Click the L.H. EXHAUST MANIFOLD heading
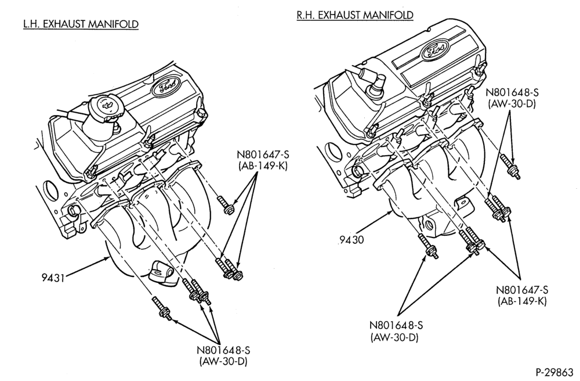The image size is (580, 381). [81, 24]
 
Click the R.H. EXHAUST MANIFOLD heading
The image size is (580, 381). [355, 15]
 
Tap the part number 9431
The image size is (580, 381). [53, 277]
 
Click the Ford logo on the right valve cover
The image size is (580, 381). [435, 49]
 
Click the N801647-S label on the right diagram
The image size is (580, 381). [522, 290]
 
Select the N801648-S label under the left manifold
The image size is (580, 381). [224, 350]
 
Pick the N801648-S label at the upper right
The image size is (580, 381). [512, 92]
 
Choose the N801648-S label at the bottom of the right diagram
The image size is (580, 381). [396, 325]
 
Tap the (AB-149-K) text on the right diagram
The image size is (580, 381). [521, 301]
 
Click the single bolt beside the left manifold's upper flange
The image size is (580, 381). [225, 205]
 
